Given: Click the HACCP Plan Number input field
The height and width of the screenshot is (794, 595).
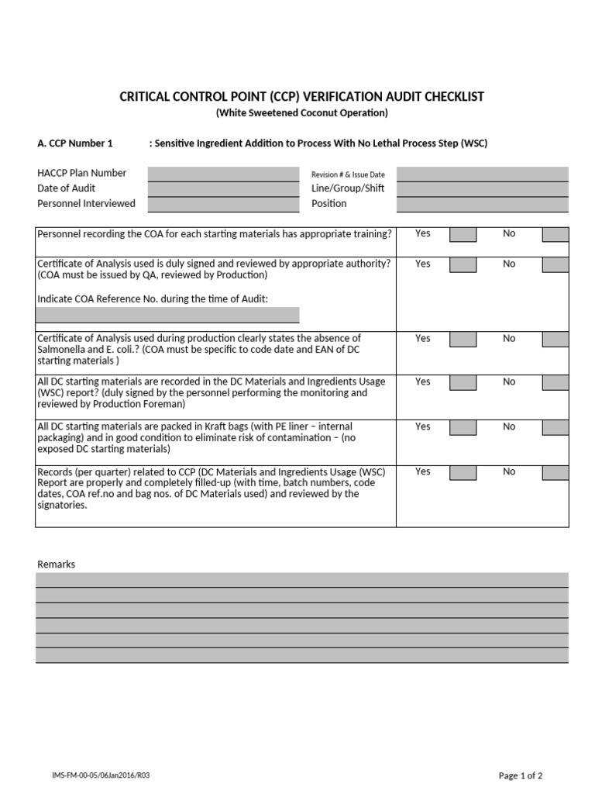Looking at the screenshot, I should point(223,174).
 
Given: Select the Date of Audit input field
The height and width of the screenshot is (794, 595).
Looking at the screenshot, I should point(223,189).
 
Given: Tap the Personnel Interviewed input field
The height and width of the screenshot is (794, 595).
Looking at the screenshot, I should point(223,205).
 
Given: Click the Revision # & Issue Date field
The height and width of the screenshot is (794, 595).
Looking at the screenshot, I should point(482,174).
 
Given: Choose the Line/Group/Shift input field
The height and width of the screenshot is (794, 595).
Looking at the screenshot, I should point(482,189).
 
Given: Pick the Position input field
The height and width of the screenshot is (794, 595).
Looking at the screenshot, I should point(482,205).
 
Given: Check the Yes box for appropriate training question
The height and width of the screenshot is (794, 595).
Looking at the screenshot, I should point(463,235).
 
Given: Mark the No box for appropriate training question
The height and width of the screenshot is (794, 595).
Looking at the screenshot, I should point(555,235).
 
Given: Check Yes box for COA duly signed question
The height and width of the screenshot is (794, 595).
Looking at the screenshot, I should point(463,265).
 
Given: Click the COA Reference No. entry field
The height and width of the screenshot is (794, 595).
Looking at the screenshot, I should point(167,315).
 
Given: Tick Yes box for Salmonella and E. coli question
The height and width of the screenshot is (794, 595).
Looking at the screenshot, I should point(463,340).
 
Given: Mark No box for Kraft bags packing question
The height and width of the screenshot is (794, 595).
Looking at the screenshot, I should point(555,428).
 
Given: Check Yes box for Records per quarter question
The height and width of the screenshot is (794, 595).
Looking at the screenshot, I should point(463,473).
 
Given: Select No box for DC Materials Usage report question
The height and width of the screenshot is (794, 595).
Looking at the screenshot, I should point(555,383).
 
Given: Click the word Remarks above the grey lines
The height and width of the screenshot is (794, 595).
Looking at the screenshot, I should point(57,564).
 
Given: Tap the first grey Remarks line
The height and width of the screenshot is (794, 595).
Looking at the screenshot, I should point(302,580).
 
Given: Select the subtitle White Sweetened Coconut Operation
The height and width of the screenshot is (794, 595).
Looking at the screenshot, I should point(301,113).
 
